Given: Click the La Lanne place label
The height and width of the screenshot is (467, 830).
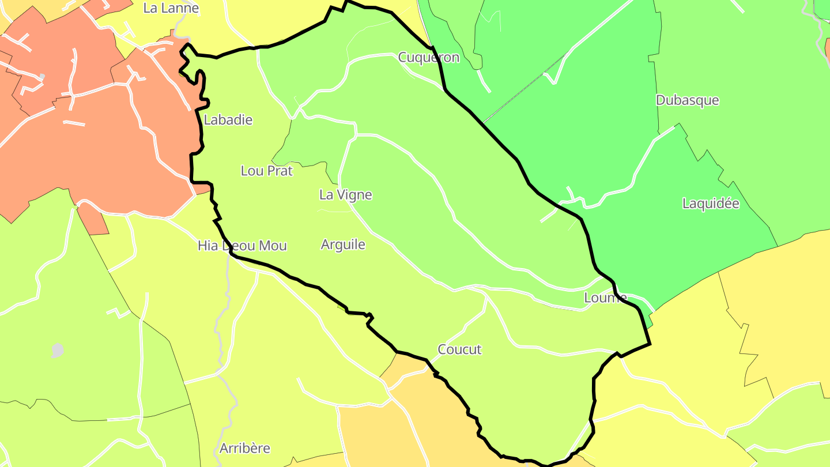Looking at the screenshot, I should tap(171, 8).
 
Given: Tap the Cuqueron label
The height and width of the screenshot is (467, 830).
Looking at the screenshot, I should tap(429, 57).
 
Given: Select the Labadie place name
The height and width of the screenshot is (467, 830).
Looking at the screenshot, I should tap(228, 120).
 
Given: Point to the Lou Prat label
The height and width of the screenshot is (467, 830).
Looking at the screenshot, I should tap(266, 171).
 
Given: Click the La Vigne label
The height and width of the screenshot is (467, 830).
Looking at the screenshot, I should tap(345, 195).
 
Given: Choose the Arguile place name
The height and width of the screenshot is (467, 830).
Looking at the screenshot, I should tap(343, 244).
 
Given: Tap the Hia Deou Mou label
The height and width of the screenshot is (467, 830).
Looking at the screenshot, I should tap(242, 246).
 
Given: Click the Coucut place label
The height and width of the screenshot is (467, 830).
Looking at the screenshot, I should tap(459, 349).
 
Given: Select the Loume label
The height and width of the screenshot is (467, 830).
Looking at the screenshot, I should tap(605, 297).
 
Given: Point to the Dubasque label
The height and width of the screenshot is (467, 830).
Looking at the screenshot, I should tap(687, 100).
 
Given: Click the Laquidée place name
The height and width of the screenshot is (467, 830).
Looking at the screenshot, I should tap(710, 204).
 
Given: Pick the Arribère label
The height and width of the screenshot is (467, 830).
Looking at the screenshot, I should tap(244, 448).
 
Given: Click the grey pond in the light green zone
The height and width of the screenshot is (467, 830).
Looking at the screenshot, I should tap(57, 350).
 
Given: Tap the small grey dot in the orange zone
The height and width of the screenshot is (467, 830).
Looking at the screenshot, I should tap(41, 77).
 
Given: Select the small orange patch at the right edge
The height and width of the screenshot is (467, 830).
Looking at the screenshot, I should tap(828, 52).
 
